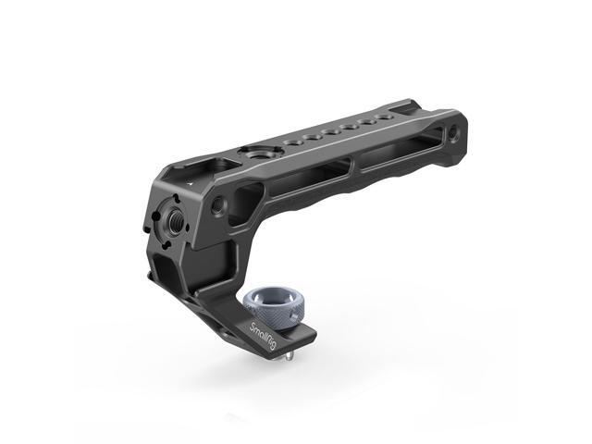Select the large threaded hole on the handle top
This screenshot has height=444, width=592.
[x=251, y=152]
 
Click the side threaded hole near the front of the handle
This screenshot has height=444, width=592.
[x=219, y=202]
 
